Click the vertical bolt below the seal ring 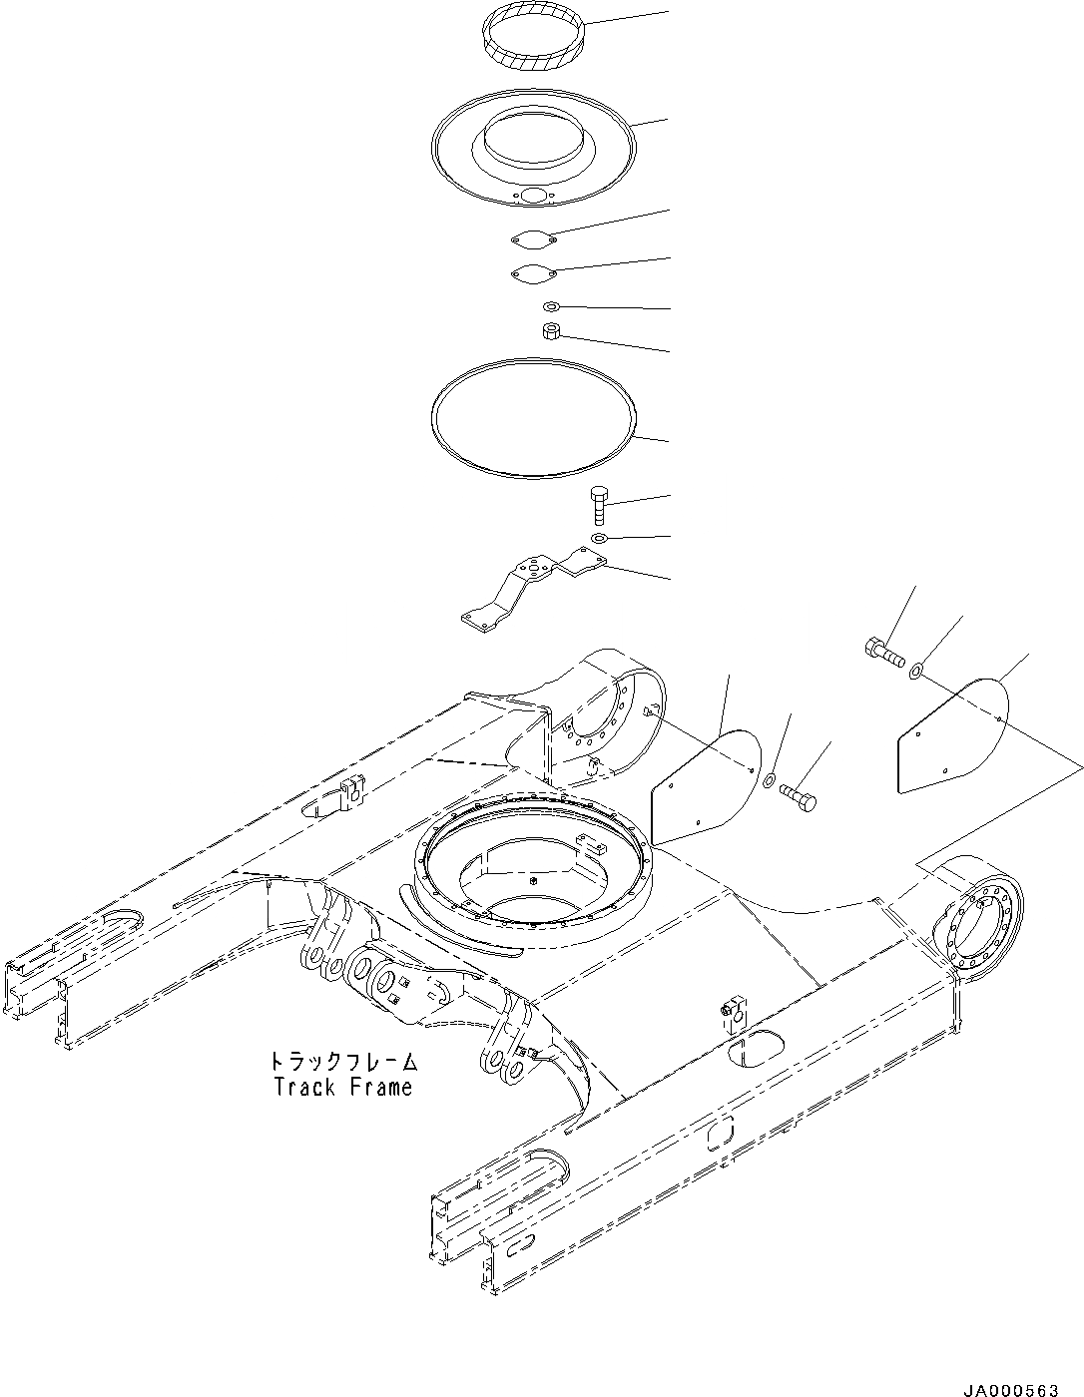(599, 504)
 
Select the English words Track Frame (343, 1087)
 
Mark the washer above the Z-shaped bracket (599, 539)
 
